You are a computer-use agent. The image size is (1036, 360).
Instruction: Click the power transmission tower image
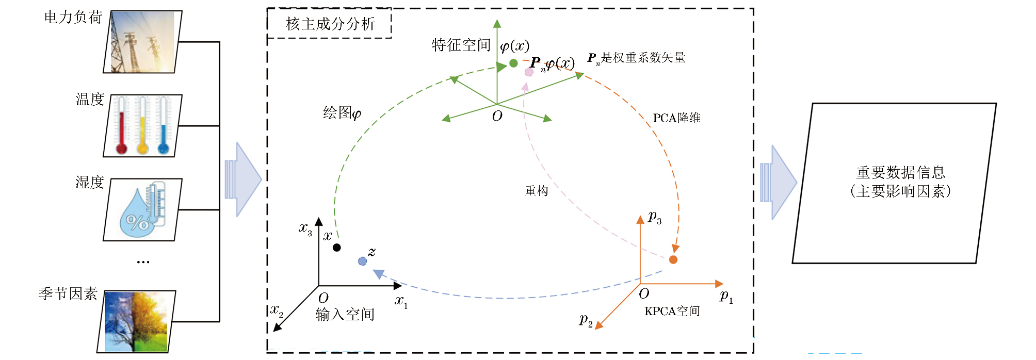click(142, 42)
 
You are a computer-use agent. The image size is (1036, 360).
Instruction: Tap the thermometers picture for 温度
click(142, 126)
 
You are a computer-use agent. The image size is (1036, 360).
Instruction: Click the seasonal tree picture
click(136, 322)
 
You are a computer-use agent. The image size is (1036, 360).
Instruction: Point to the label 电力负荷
click(73, 18)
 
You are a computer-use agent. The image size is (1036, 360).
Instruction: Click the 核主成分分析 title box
click(330, 24)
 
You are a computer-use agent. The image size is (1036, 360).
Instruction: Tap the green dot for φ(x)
click(513, 63)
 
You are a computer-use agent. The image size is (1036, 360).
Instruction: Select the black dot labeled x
click(336, 248)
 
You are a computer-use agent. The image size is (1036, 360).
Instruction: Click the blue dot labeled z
click(362, 261)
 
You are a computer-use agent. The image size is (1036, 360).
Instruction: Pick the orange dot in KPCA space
click(673, 259)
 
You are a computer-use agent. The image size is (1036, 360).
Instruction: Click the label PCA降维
click(676, 118)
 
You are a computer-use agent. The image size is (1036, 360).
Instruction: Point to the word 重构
click(537, 191)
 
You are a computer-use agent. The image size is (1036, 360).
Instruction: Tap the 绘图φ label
click(342, 113)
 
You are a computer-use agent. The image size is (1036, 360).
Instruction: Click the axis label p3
click(655, 217)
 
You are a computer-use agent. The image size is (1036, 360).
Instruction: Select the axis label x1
click(401, 301)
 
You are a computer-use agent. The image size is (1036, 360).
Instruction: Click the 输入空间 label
click(345, 314)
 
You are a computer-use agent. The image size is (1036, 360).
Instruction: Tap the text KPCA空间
click(672, 311)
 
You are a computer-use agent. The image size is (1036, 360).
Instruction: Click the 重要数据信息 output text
click(900, 172)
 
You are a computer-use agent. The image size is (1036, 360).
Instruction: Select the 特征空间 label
click(461, 45)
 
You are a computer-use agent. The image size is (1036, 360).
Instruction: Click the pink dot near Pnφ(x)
click(529, 72)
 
